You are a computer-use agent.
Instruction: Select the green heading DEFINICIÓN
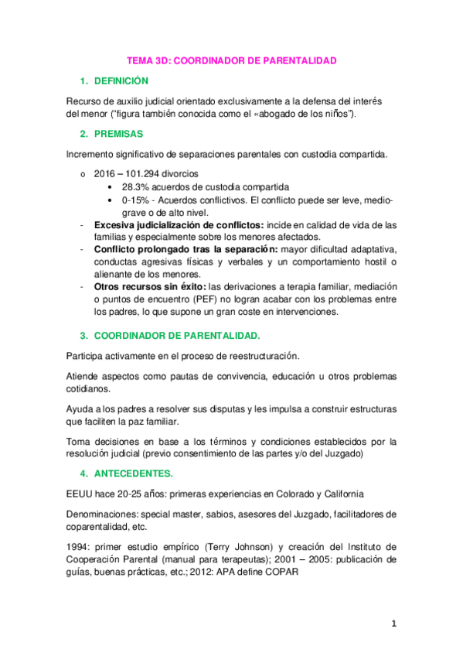(x=121, y=81)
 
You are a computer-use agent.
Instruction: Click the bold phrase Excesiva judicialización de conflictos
(x=178, y=224)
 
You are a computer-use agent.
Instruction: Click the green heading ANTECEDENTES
(x=133, y=473)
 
